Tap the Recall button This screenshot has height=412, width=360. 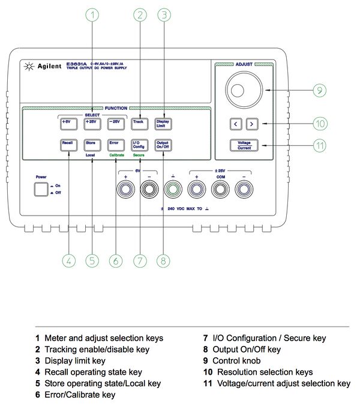[67, 144]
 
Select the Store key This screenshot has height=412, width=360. [91, 144]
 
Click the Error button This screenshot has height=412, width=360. [114, 144]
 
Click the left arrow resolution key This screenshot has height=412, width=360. [235, 124]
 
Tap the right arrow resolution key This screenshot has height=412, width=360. [252, 124]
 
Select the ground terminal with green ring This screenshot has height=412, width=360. [172, 190]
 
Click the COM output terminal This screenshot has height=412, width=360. [219, 190]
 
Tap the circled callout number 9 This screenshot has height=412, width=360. [319, 91]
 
